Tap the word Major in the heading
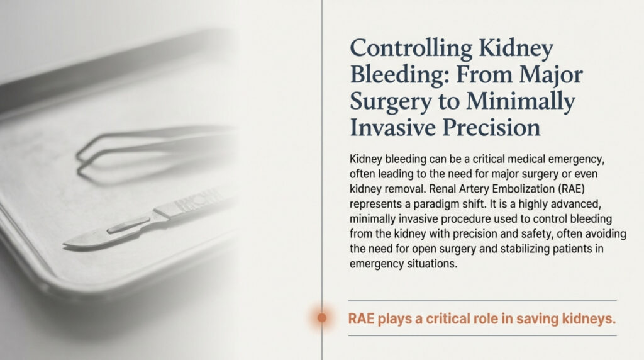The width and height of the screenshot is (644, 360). click(551, 75)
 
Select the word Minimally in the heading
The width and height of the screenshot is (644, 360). click(520, 101)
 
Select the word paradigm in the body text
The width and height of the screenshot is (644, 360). click(435, 205)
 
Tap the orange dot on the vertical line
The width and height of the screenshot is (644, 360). click(322, 318)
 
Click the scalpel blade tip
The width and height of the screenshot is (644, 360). click(65, 246)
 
